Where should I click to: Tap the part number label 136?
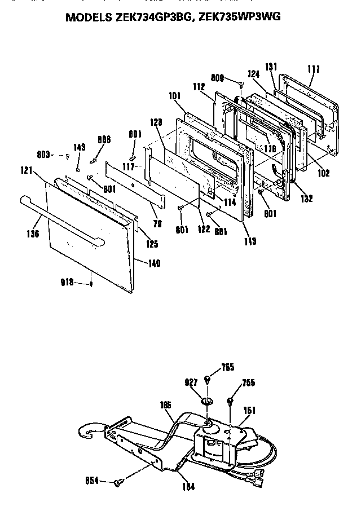coord(33,233)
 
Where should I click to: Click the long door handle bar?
coord(62,219)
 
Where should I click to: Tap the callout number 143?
coord(80,147)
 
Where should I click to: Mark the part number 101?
coord(174,96)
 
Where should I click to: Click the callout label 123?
coord(157,121)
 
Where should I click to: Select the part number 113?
coord(250,241)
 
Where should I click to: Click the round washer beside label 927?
coord(207,400)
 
